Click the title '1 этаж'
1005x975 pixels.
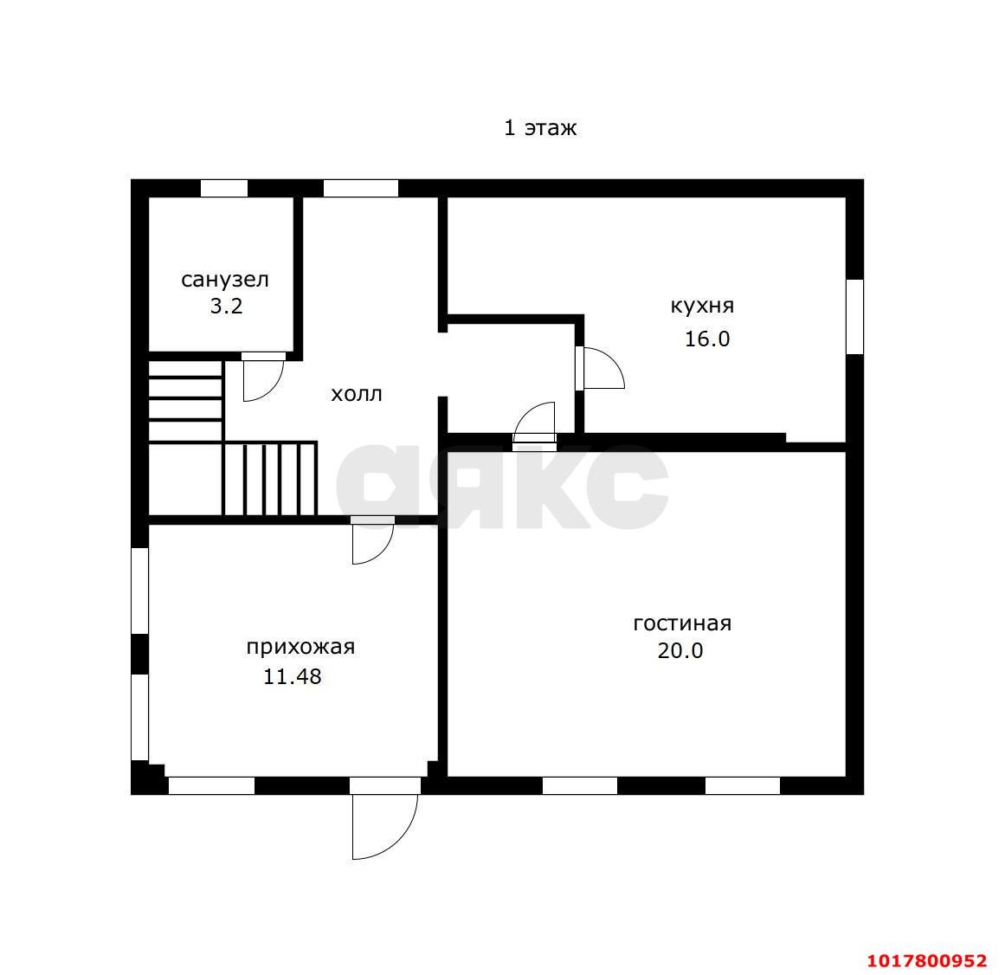point(539,127)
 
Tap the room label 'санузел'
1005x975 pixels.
point(225,280)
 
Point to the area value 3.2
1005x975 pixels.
point(226,307)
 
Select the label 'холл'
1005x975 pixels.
point(357,394)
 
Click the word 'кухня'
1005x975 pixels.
point(703,306)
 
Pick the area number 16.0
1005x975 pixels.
point(707,339)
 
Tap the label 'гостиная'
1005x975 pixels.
point(682,623)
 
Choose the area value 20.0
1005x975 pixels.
point(680,650)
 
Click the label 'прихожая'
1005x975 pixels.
point(300,647)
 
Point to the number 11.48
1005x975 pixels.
point(293,676)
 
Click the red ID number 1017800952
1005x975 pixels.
point(927,960)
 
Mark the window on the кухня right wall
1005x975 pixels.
point(855,317)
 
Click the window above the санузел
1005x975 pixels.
point(223,189)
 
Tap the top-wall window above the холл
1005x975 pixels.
point(360,189)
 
